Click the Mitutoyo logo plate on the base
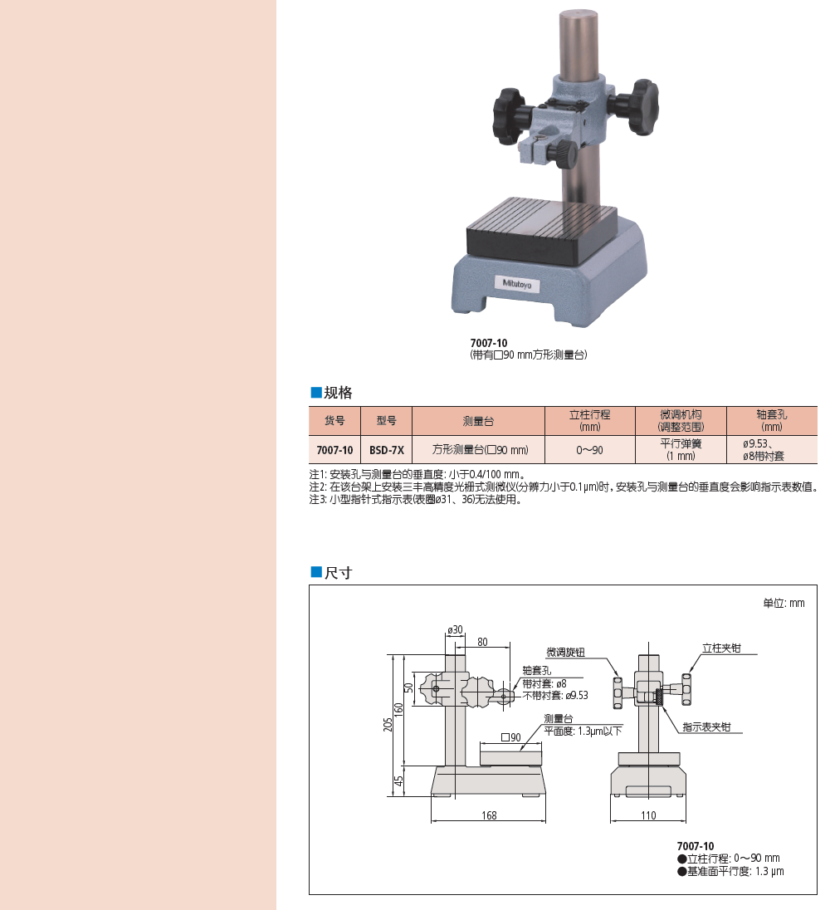click(x=517, y=284)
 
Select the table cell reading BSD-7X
click(x=386, y=450)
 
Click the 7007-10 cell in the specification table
click(x=334, y=450)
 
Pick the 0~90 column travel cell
click(x=589, y=450)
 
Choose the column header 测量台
click(x=479, y=421)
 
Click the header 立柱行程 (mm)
click(x=589, y=421)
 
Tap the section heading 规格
click(x=332, y=393)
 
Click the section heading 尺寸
click(x=332, y=573)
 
